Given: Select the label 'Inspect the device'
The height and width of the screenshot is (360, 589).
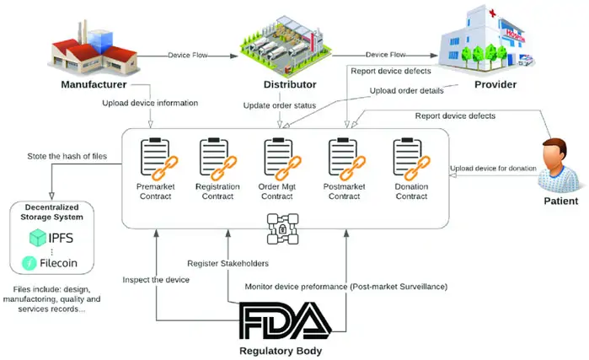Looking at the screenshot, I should pos(156,279).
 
